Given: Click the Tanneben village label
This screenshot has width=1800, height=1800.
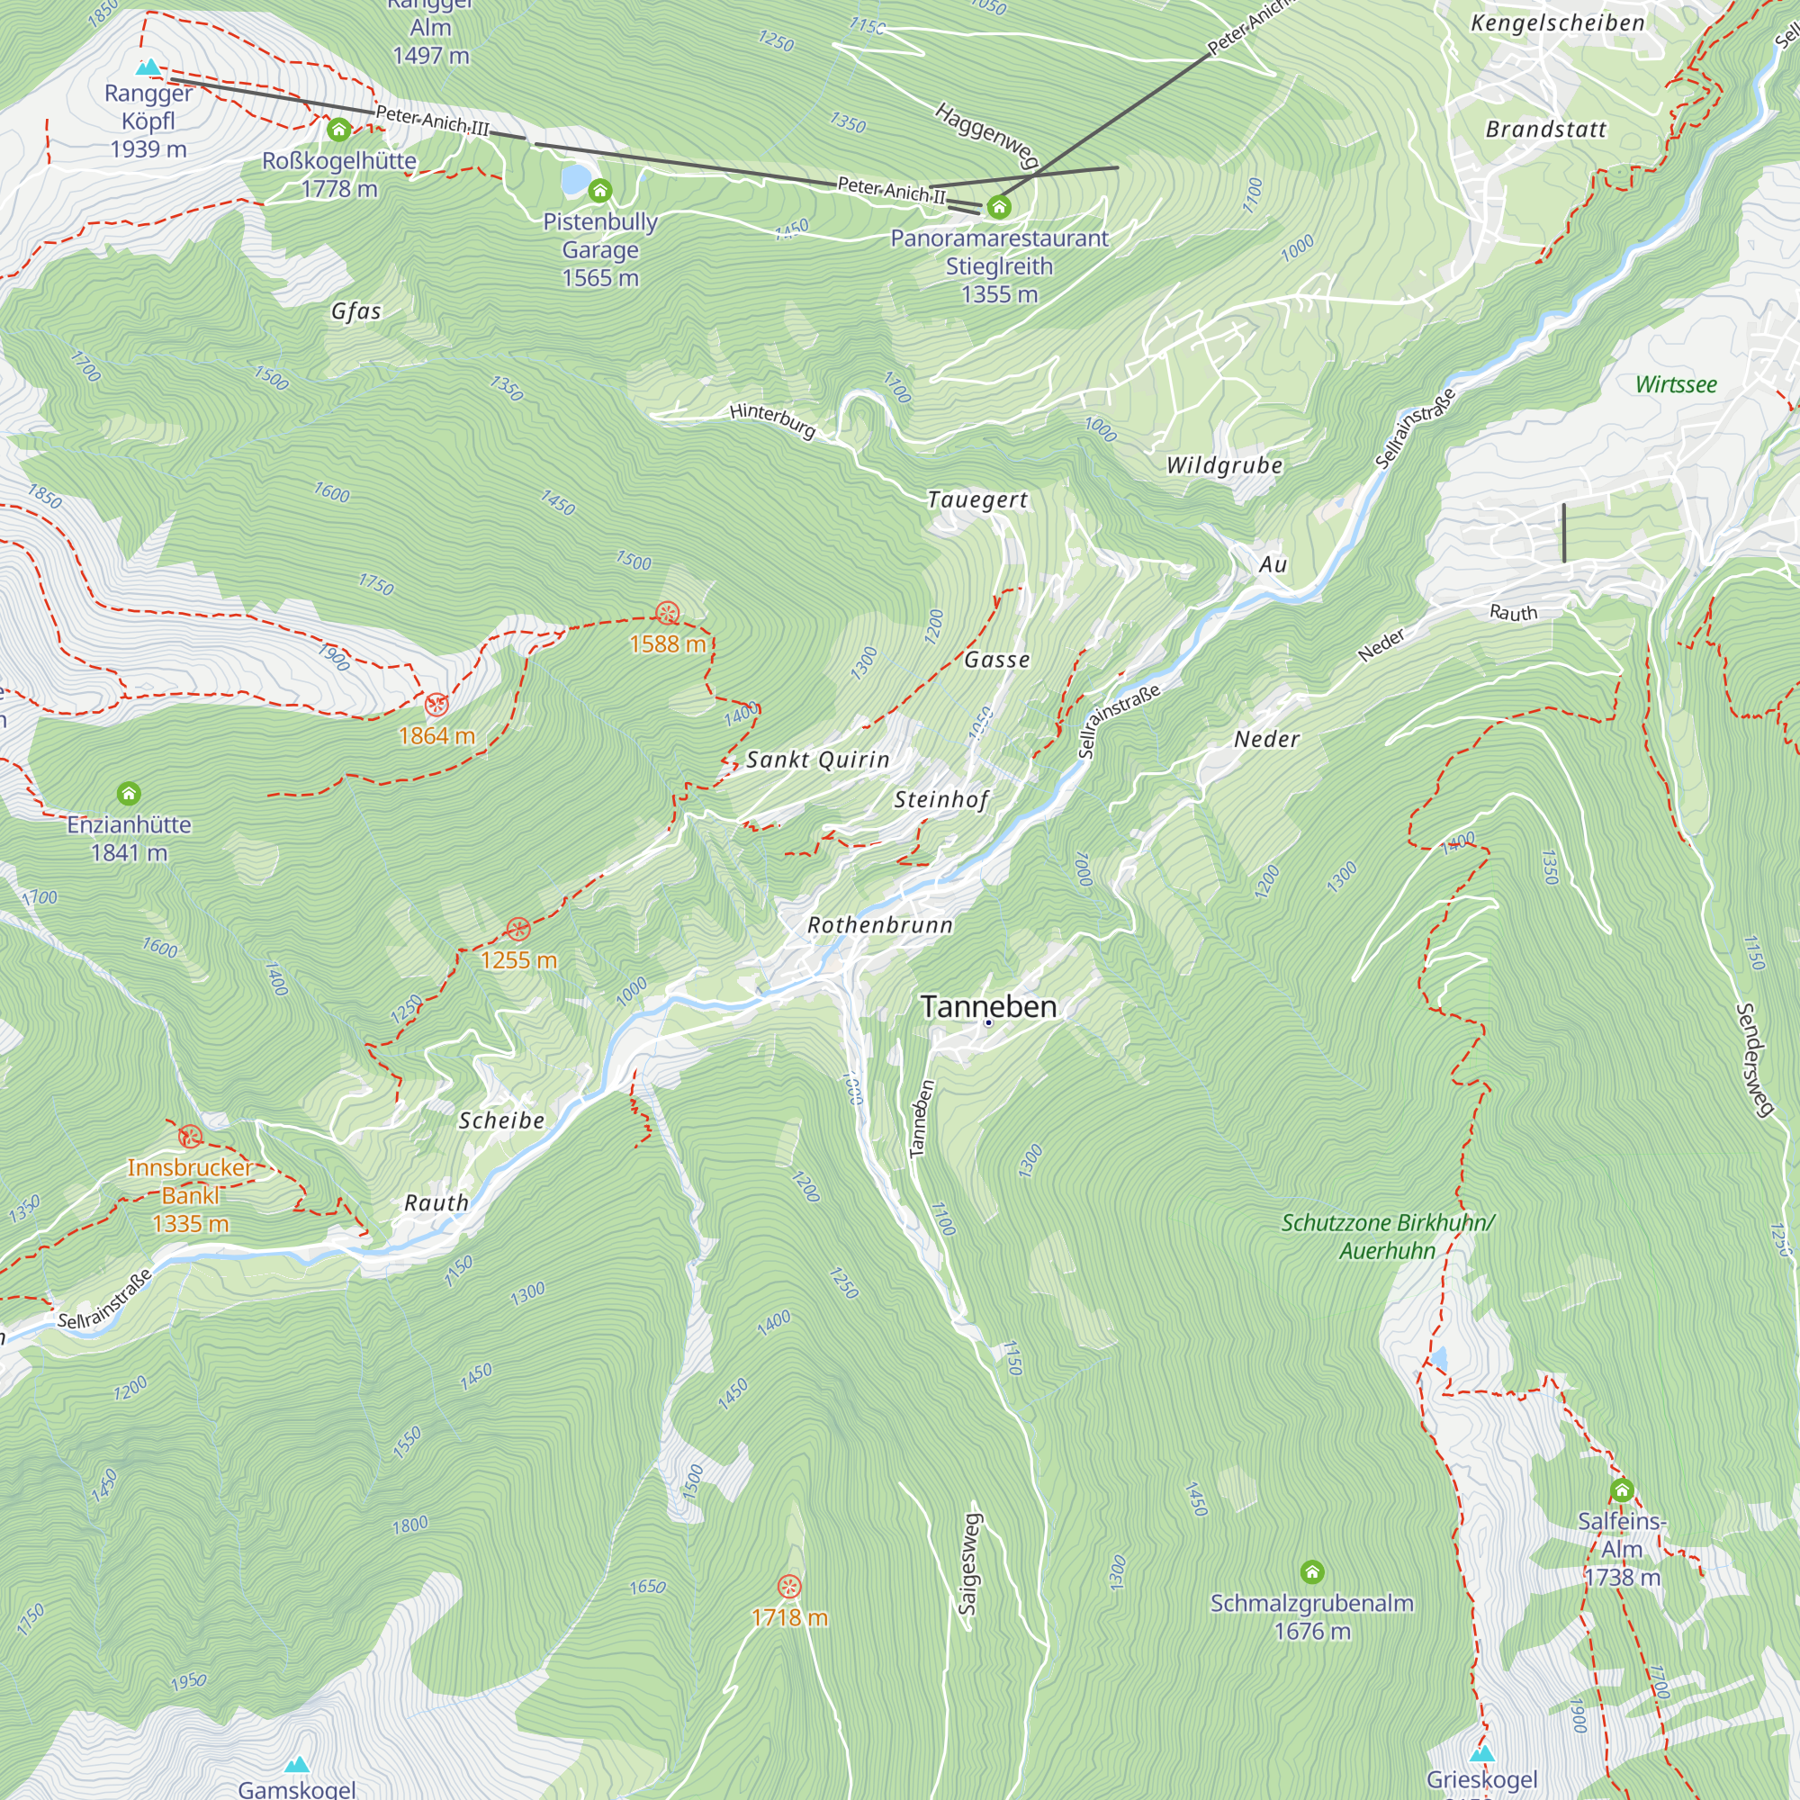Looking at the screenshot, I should (x=987, y=1006).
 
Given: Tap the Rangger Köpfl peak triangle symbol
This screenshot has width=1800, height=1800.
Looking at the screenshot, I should (x=148, y=67).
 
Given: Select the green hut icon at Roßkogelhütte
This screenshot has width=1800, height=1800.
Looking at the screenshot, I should (x=338, y=130).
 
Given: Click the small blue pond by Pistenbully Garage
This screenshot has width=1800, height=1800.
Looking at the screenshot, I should (x=575, y=178).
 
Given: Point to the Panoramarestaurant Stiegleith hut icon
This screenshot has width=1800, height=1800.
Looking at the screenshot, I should (x=999, y=206).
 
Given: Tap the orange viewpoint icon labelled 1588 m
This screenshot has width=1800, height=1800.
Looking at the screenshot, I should (x=667, y=613).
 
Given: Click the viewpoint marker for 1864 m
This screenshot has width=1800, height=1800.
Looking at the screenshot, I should (x=436, y=705).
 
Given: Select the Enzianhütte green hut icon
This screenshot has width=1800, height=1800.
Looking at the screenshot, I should (x=129, y=794).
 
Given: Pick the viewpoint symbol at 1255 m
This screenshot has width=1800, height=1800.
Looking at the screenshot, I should (x=518, y=929).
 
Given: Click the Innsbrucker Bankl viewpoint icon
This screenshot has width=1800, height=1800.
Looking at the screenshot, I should (x=190, y=1137).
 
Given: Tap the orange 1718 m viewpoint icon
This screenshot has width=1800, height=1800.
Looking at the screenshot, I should (x=789, y=1587).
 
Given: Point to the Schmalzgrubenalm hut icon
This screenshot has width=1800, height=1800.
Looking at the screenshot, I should (x=1312, y=1572).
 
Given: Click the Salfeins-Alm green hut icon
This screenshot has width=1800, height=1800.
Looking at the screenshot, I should (x=1622, y=1490).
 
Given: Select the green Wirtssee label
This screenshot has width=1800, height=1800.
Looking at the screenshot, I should (x=1675, y=385).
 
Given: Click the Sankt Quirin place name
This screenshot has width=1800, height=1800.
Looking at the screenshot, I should (x=817, y=760).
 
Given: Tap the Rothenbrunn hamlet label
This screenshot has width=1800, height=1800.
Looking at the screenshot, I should (x=879, y=925).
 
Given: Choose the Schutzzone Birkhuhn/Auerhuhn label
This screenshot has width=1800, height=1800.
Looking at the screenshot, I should (x=1387, y=1237).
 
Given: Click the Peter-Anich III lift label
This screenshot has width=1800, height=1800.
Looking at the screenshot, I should (x=431, y=121).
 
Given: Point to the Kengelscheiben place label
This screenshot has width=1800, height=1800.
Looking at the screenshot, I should (x=1557, y=23).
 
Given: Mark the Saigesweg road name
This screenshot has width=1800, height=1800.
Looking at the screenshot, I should (x=970, y=1564).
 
